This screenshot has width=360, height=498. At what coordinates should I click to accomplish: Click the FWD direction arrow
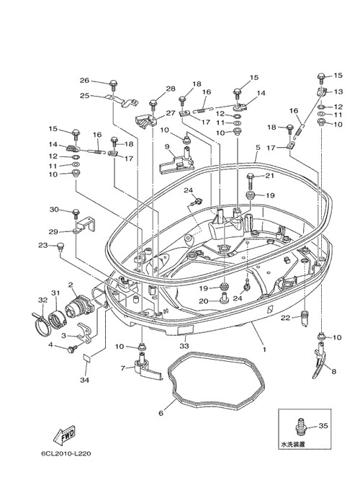[x=64, y=435]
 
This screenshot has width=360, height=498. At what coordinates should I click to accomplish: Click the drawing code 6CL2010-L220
[x=66, y=453]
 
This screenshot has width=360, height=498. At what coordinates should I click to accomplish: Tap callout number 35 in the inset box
[x=323, y=425]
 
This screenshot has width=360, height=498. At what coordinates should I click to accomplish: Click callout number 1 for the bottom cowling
[x=264, y=350]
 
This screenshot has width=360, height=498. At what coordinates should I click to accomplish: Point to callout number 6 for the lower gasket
[x=161, y=413]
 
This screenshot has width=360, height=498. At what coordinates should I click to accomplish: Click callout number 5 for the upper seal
[x=258, y=147]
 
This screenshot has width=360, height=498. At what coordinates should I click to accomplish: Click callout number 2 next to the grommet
[x=71, y=285]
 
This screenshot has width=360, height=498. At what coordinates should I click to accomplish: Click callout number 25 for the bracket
[x=84, y=95]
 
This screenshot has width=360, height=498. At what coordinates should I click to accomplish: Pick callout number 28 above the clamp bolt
[x=171, y=89]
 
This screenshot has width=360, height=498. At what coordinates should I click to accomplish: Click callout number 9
[x=167, y=146]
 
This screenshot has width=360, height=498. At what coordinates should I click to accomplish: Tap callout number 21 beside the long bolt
[x=269, y=176]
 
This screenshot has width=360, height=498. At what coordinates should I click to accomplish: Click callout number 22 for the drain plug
[x=285, y=317]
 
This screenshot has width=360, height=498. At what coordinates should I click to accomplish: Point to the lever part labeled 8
[x=320, y=362]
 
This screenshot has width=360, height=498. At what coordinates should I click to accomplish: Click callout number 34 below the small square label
[x=85, y=380]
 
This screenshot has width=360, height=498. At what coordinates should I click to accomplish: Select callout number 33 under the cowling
[x=184, y=345]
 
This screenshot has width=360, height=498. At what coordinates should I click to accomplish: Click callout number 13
[x=338, y=92]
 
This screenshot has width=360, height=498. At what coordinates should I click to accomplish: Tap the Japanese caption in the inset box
[x=293, y=445]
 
